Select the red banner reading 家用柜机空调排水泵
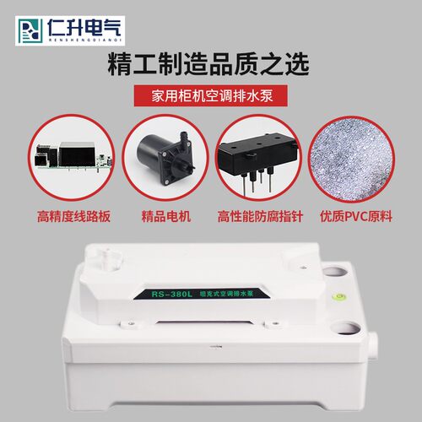click(x=210, y=95)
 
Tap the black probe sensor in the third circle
click(x=258, y=155)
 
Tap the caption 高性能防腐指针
click(x=258, y=217)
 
